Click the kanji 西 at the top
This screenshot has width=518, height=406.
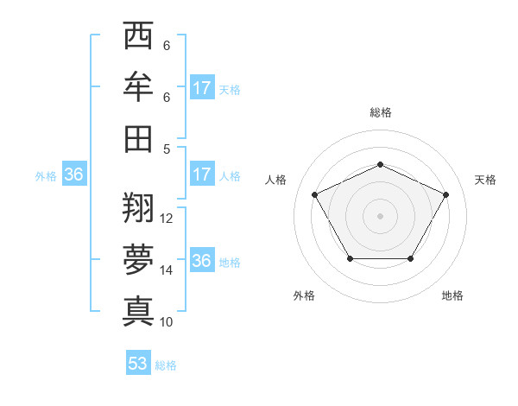[137, 36]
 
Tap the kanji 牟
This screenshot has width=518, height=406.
[137, 86]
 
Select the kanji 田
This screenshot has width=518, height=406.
[137, 137]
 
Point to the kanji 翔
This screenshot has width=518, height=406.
[137, 206]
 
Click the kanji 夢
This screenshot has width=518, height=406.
[137, 257]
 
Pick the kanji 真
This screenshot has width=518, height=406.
[137, 309]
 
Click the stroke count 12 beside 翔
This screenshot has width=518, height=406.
[167, 219]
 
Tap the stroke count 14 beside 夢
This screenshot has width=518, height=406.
[167, 270]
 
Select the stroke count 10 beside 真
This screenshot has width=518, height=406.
[167, 321]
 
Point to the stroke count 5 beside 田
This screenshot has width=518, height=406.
[167, 149]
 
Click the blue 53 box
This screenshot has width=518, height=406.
[138, 364]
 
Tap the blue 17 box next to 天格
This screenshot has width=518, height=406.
[202, 88]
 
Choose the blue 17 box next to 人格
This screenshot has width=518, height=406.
[202, 174]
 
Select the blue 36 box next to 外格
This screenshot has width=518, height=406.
[74, 174]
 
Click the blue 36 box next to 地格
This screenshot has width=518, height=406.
[202, 261]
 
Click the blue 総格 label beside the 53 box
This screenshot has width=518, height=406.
[166, 365]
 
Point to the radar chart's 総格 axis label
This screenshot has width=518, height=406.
[380, 112]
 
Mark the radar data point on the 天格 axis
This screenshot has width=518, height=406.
[446, 194]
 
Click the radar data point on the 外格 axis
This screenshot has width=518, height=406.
[350, 258]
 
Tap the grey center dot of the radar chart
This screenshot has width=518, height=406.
[380, 215]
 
